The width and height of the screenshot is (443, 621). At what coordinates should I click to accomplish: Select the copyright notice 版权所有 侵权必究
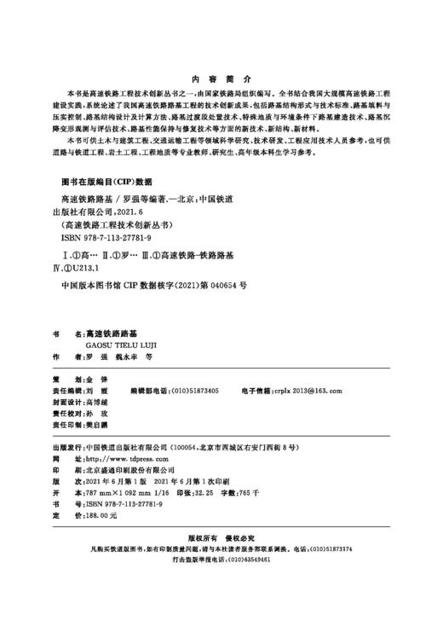(x=221, y=537)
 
